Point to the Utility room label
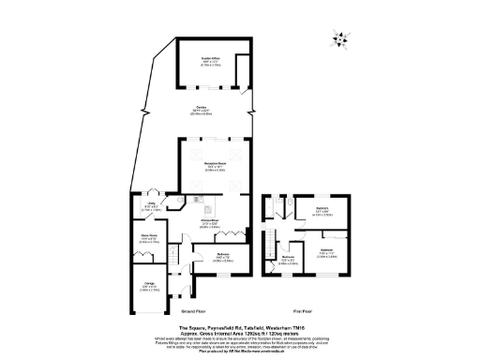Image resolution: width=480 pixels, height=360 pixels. click(151, 205)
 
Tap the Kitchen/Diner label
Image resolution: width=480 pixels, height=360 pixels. click(210, 224)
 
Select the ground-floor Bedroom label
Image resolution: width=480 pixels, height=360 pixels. click(224, 257)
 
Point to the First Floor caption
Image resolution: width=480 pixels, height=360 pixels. click(303, 308)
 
